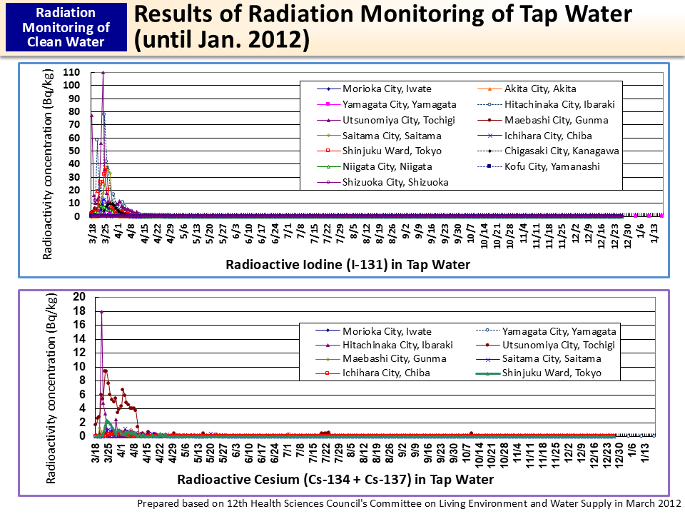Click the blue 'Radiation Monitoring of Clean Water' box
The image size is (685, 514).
click(x=66, y=28)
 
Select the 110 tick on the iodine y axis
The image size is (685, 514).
click(x=71, y=72)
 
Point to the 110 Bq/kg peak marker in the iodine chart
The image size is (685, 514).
click(x=103, y=72)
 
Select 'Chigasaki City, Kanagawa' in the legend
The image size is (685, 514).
click(x=561, y=151)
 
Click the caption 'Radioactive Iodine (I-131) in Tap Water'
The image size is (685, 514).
click(x=347, y=265)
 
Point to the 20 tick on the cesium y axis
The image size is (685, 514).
click(x=79, y=297)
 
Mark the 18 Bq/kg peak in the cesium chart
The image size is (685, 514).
click(x=101, y=311)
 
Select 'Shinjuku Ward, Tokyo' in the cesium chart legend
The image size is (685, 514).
click(x=551, y=373)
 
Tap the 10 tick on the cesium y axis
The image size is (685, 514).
click(x=79, y=366)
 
